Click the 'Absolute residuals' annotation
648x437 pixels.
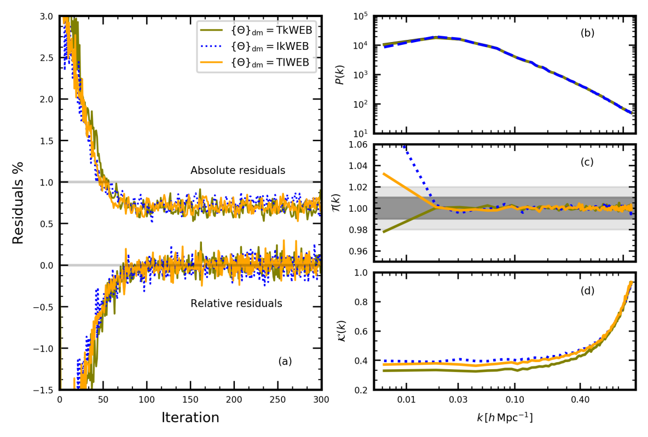[238, 171]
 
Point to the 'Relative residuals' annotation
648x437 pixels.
[236, 303]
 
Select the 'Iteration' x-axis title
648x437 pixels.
[190, 418]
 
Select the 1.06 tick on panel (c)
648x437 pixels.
[358, 144]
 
